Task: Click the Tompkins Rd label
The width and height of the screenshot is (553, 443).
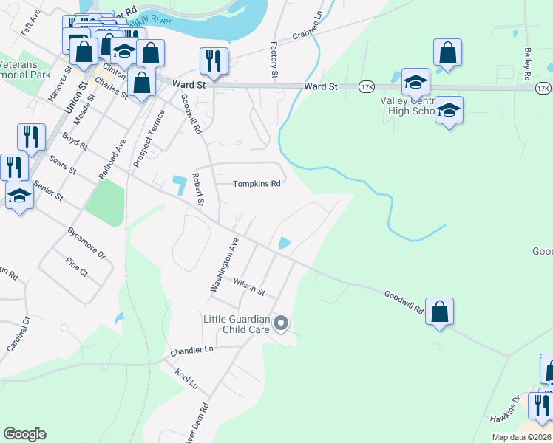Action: [x=257, y=184]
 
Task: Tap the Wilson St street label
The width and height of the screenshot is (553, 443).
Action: [x=248, y=286]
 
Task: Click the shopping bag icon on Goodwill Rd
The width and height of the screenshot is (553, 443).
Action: [x=440, y=312]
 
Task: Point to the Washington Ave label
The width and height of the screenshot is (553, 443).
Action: [x=225, y=264]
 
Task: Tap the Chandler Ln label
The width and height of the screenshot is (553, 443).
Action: [x=191, y=348]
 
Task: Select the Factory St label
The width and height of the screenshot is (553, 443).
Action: [x=274, y=60]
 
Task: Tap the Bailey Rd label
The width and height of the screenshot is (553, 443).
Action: [x=528, y=65]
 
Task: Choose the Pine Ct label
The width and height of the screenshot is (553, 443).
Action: [x=76, y=267]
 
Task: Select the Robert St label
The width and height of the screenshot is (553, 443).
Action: [x=197, y=188]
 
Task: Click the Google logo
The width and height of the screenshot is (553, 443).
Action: [x=24, y=434]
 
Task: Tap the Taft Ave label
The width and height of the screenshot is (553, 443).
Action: [x=30, y=27]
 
